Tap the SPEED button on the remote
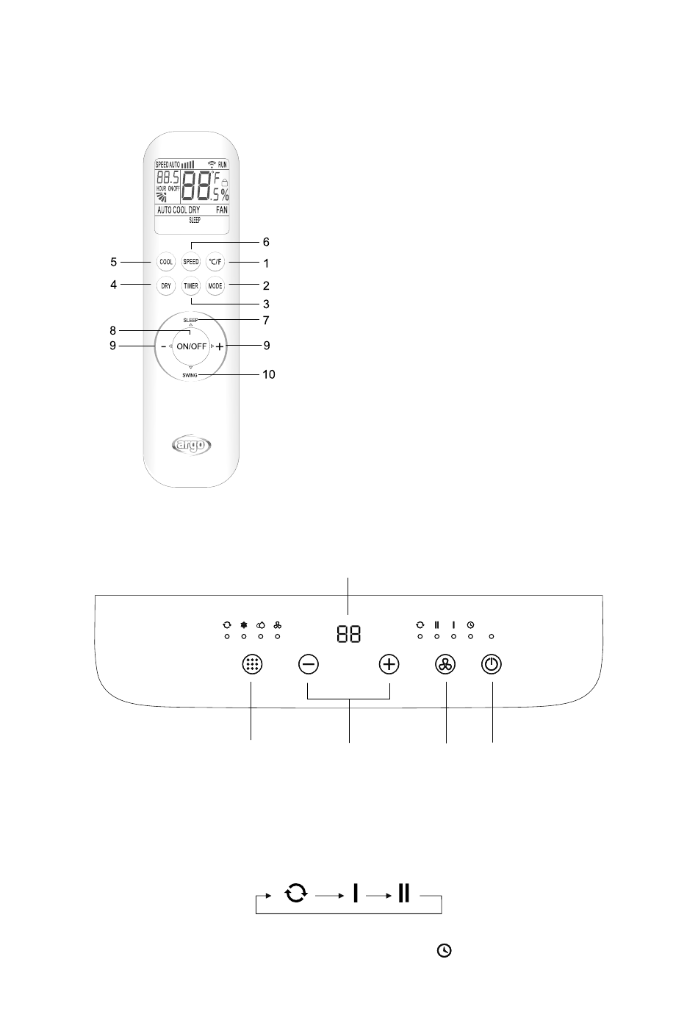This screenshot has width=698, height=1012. click(x=190, y=262)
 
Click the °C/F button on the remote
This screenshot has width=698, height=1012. click(x=215, y=262)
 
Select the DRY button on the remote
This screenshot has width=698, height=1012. click(x=166, y=285)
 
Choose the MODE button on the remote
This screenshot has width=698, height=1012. click(x=215, y=285)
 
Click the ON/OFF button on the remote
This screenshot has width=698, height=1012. click(x=191, y=346)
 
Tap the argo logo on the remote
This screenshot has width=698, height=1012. click(x=191, y=444)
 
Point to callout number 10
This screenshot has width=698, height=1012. click(x=269, y=374)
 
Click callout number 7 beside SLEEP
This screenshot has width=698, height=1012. click(x=266, y=320)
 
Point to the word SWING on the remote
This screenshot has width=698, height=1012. click(x=190, y=375)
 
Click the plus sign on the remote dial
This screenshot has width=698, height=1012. click(x=220, y=346)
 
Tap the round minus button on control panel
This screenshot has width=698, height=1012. click(x=309, y=664)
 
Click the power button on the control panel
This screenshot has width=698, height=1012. click(x=492, y=664)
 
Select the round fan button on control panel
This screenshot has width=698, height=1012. click(x=446, y=664)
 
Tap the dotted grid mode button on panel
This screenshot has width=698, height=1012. click(x=251, y=664)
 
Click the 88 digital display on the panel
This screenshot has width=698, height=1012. click(x=348, y=633)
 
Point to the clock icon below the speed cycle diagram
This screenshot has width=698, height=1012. click(x=444, y=951)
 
